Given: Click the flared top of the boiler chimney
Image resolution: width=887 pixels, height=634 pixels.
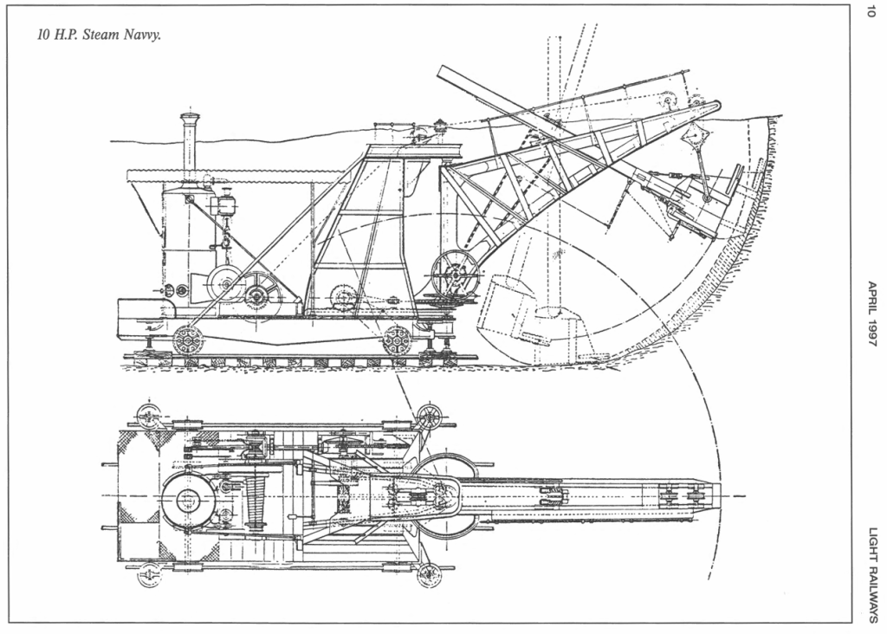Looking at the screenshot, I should [190, 117].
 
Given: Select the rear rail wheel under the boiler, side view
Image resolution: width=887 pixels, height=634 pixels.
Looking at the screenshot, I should [187, 339].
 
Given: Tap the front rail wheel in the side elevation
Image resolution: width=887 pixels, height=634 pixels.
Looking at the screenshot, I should [398, 339].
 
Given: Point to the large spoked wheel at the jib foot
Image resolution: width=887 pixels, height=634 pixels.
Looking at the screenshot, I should [456, 275].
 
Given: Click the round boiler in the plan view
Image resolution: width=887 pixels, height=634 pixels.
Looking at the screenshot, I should [188, 500].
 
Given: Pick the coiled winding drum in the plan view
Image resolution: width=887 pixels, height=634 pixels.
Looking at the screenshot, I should [256, 501].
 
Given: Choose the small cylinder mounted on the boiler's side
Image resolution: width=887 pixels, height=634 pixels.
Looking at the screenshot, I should [228, 204].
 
